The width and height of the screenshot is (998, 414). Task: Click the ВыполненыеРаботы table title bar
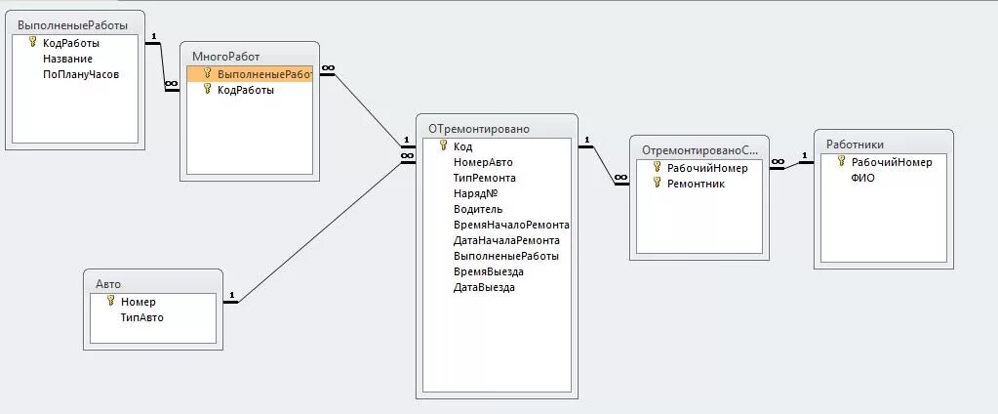click(x=73, y=24)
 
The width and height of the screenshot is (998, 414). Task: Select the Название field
click(x=67, y=59)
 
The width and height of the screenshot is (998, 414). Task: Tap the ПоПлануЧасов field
click(x=81, y=74)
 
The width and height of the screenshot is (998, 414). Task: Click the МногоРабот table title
click(x=226, y=57)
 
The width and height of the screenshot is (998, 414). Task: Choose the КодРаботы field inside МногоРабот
click(x=246, y=90)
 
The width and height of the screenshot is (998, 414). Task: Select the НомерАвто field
click(x=483, y=162)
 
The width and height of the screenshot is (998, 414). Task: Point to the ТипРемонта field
click(x=485, y=178)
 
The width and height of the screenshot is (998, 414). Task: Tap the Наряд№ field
click(x=476, y=193)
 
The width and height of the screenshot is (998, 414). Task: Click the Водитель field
click(x=478, y=209)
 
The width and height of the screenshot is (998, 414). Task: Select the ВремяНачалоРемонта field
click(x=511, y=225)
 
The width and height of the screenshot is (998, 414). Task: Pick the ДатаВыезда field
click(x=484, y=287)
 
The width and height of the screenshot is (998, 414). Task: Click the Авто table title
click(x=108, y=284)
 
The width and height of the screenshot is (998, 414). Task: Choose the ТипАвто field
click(x=142, y=317)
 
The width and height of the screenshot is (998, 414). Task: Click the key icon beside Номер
click(x=110, y=301)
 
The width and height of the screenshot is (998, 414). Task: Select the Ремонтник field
click(x=696, y=184)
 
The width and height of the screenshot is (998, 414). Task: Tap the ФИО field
click(x=863, y=178)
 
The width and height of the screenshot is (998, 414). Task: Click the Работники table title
click(x=856, y=145)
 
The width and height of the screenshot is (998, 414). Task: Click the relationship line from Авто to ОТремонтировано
click(x=322, y=230)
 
